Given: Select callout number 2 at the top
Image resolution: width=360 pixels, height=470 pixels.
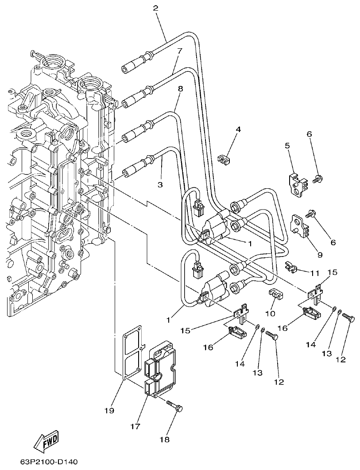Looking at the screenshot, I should [155, 8].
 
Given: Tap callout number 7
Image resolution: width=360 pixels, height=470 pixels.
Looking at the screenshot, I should [179, 51].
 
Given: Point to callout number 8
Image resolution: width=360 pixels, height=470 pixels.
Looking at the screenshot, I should [180, 89].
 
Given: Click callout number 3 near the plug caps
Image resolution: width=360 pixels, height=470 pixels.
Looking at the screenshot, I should [160, 183].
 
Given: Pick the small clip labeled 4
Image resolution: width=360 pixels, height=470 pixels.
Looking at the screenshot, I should [225, 158].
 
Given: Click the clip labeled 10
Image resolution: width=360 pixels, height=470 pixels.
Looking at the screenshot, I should [275, 294].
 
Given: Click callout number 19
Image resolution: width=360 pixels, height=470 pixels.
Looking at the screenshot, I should [109, 411].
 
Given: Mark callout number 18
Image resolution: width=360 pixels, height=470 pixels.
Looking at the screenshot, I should [165, 439].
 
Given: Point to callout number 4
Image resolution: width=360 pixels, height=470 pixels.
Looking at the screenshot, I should [238, 129].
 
